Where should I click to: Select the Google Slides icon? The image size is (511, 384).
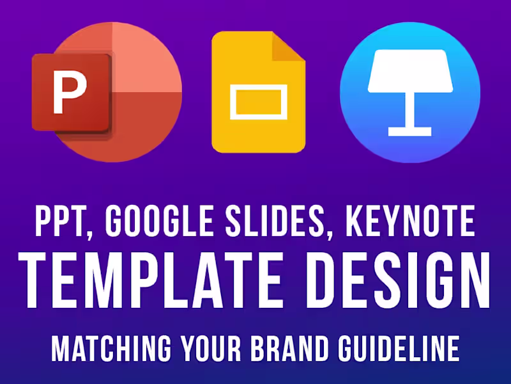pyautogui.click(x=258, y=93)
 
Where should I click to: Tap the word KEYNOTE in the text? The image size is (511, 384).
pyautogui.click(x=410, y=221)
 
